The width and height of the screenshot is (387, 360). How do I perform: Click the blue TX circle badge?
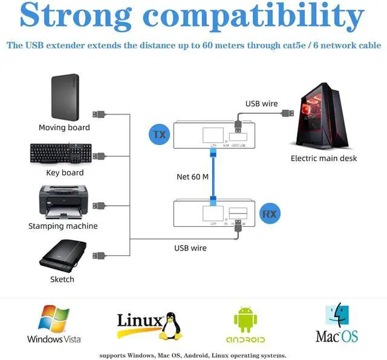click(x=159, y=134)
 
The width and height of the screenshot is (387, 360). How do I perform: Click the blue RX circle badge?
click(x=269, y=214)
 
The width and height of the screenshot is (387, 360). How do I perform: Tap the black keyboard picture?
click(x=60, y=154)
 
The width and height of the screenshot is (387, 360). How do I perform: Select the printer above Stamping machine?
click(x=63, y=201)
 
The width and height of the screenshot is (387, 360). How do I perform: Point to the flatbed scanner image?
click(x=63, y=254)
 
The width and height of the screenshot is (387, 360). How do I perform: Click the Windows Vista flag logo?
click(x=54, y=319)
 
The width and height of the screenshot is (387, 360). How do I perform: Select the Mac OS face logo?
click(x=337, y=316)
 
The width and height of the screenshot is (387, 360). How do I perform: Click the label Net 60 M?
click(x=192, y=177)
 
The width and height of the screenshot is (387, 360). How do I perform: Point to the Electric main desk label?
click(x=324, y=159)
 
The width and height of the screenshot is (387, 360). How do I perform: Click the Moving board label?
click(x=64, y=128)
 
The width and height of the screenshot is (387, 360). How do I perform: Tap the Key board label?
click(x=65, y=173)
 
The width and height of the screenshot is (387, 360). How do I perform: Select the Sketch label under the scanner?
click(x=62, y=280)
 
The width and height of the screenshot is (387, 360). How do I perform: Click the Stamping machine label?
click(x=63, y=226)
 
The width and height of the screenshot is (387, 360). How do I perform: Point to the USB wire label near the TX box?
click(x=261, y=103)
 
